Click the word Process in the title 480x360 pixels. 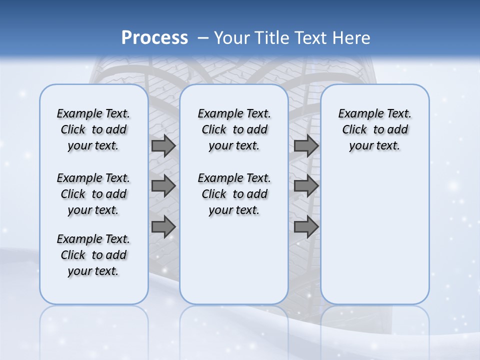coord(154,37)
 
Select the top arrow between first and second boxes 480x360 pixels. coord(163,145)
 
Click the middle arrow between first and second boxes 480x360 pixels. coord(163,186)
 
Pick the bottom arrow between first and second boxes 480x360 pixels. coord(163,226)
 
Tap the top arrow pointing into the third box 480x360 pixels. coord(306,145)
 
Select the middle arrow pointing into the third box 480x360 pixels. coord(306,186)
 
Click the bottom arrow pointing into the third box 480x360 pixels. coord(306,226)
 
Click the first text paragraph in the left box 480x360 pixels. coord(93,129)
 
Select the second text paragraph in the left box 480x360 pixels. coord(93,194)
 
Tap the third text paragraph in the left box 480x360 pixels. coord(93,255)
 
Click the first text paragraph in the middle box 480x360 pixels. coord(234,129)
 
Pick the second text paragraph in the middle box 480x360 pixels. coord(234,194)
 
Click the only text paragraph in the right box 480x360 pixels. coord(375,129)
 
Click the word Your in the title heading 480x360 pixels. coord(231,37)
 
